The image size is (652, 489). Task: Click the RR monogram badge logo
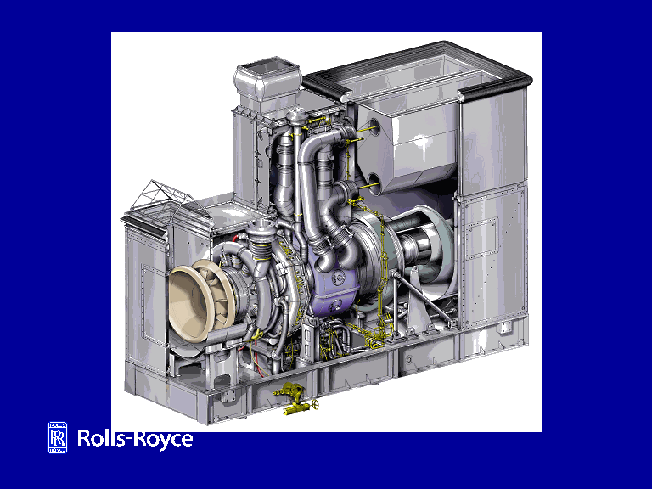[x=58, y=437]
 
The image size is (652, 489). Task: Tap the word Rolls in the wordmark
[x=103, y=439]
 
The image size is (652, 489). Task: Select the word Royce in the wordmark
[x=164, y=440]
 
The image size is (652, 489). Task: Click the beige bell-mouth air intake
[x=195, y=299]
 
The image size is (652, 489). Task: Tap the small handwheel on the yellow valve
[x=316, y=404]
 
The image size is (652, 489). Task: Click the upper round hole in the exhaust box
[x=373, y=126]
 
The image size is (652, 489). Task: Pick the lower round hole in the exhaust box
[x=373, y=183]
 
